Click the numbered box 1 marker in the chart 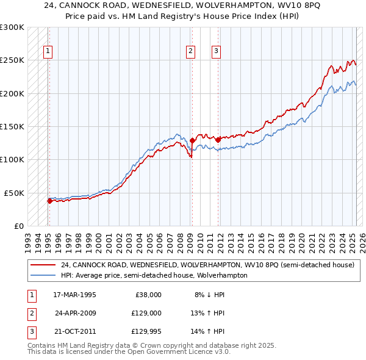point(48,51)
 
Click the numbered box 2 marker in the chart point(191,51)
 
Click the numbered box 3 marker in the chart point(217,51)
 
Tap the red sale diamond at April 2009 point(192,140)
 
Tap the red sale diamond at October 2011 point(218,140)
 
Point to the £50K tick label point(14,193)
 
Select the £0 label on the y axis point(18,226)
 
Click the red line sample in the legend point(43,265)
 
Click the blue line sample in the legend point(43,275)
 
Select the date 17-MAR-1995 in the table point(74,294)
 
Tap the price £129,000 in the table point(144,313)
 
